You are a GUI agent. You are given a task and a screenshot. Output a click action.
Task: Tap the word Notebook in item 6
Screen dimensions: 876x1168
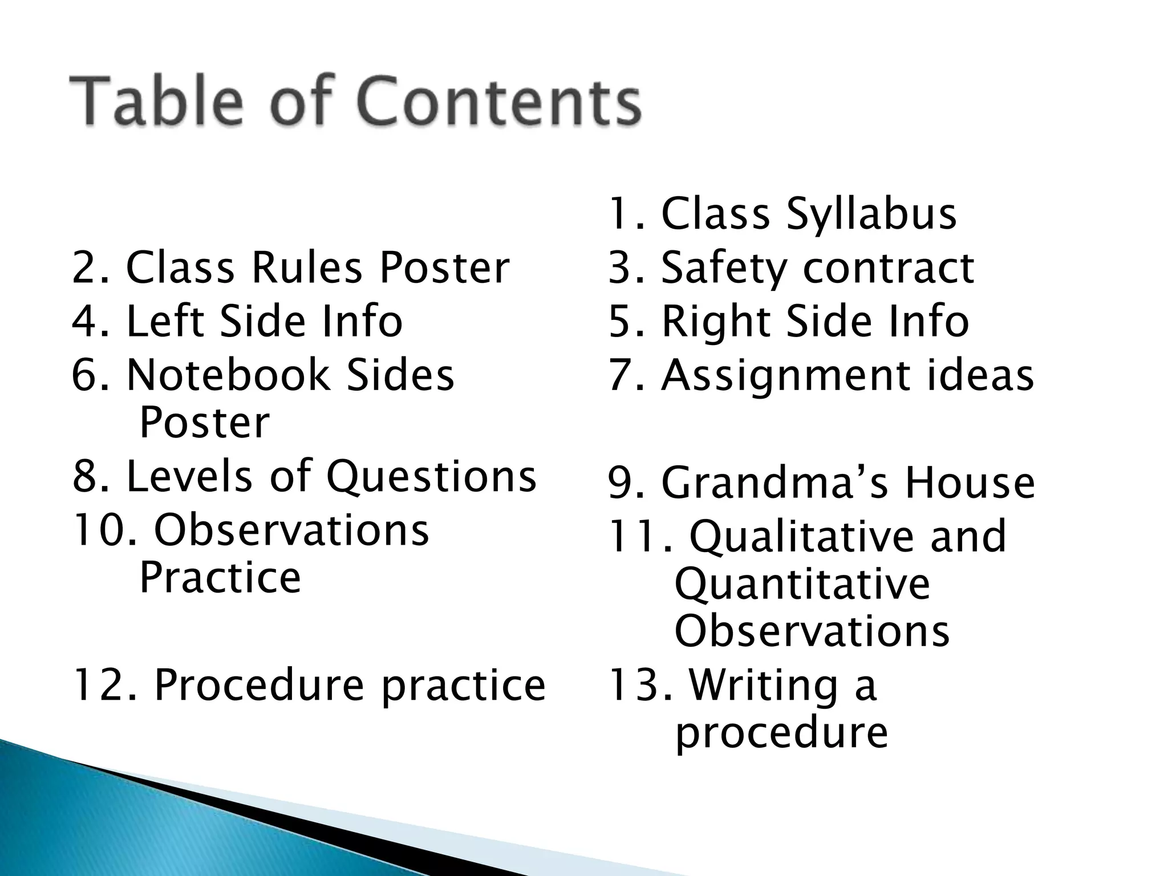[228, 376]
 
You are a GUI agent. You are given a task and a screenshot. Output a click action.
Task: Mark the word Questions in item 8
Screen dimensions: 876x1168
[431, 477]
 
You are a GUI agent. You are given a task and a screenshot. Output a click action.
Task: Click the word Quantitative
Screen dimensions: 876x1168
[802, 585]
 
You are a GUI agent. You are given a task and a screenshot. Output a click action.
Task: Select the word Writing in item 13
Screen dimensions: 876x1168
[763, 685]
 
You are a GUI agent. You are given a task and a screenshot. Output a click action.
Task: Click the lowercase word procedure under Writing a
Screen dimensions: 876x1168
[781, 733]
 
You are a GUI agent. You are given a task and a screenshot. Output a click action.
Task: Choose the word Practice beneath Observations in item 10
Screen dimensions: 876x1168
[220, 578]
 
